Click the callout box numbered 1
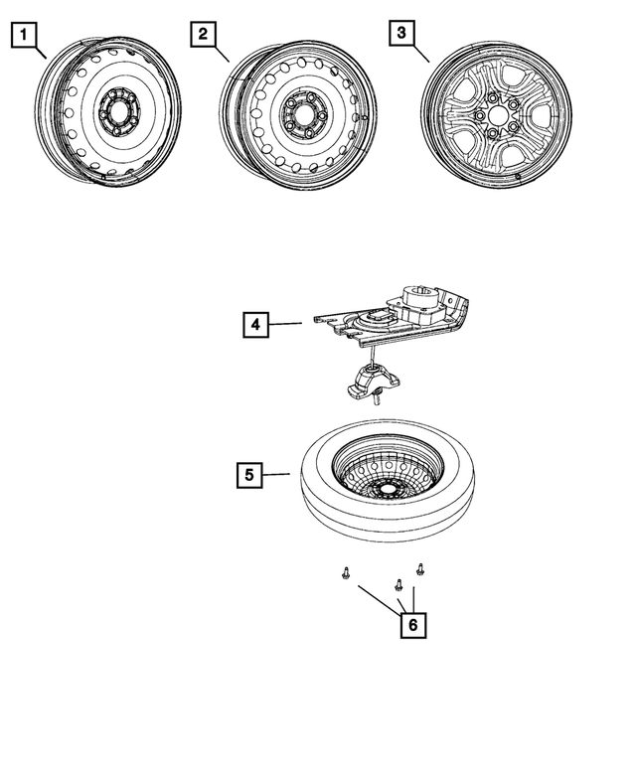click(x=26, y=37)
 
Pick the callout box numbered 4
click(x=255, y=325)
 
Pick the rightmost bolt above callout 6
click(x=420, y=569)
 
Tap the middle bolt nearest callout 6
click(x=398, y=584)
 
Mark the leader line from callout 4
click(x=286, y=324)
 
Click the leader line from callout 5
click(x=277, y=475)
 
